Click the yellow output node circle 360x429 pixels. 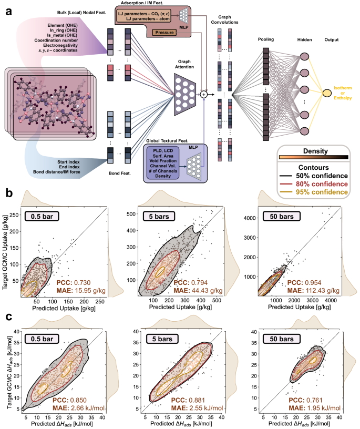tap(326, 93)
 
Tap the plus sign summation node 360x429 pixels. tap(204, 94)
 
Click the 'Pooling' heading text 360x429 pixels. tap(266, 40)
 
